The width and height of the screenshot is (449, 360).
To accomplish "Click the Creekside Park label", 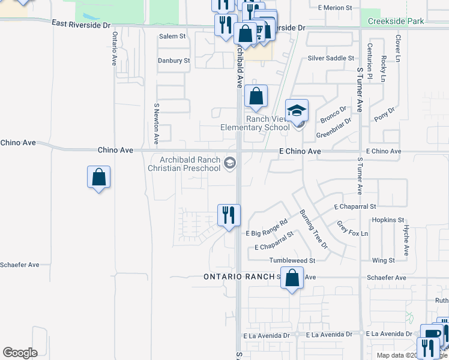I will point(396,21).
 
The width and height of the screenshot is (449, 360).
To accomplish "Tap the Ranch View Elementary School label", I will point(255,123).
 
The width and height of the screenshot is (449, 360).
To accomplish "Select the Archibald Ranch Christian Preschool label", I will point(184,164).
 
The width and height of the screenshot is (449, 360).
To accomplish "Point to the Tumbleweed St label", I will point(292,260).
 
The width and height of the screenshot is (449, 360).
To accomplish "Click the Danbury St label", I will point(173,61).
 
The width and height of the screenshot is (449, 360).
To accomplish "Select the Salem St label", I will point(172,37).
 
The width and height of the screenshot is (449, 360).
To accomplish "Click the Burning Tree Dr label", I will point(314,229).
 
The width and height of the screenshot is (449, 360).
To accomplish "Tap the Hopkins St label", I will point(388,220).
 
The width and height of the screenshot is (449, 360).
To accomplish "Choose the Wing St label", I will point(384,260).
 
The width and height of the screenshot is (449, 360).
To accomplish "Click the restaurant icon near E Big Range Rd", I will point(228,215).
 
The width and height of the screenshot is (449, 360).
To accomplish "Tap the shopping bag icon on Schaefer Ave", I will point(292,278).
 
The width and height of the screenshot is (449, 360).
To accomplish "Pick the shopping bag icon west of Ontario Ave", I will point(98,178).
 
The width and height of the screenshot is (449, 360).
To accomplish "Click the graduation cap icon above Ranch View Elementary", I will point(297,110).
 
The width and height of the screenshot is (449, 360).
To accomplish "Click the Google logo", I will point(20,353).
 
